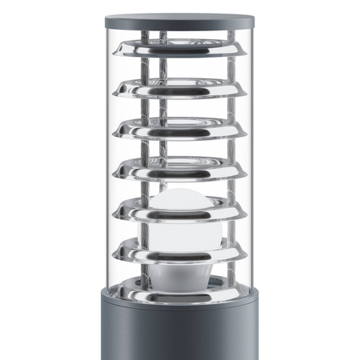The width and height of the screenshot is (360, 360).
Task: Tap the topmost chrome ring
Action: [x=179, y=50]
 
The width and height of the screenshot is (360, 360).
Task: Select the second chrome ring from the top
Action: [x=179, y=87]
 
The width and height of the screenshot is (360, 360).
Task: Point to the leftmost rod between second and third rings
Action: [x=140, y=109]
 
